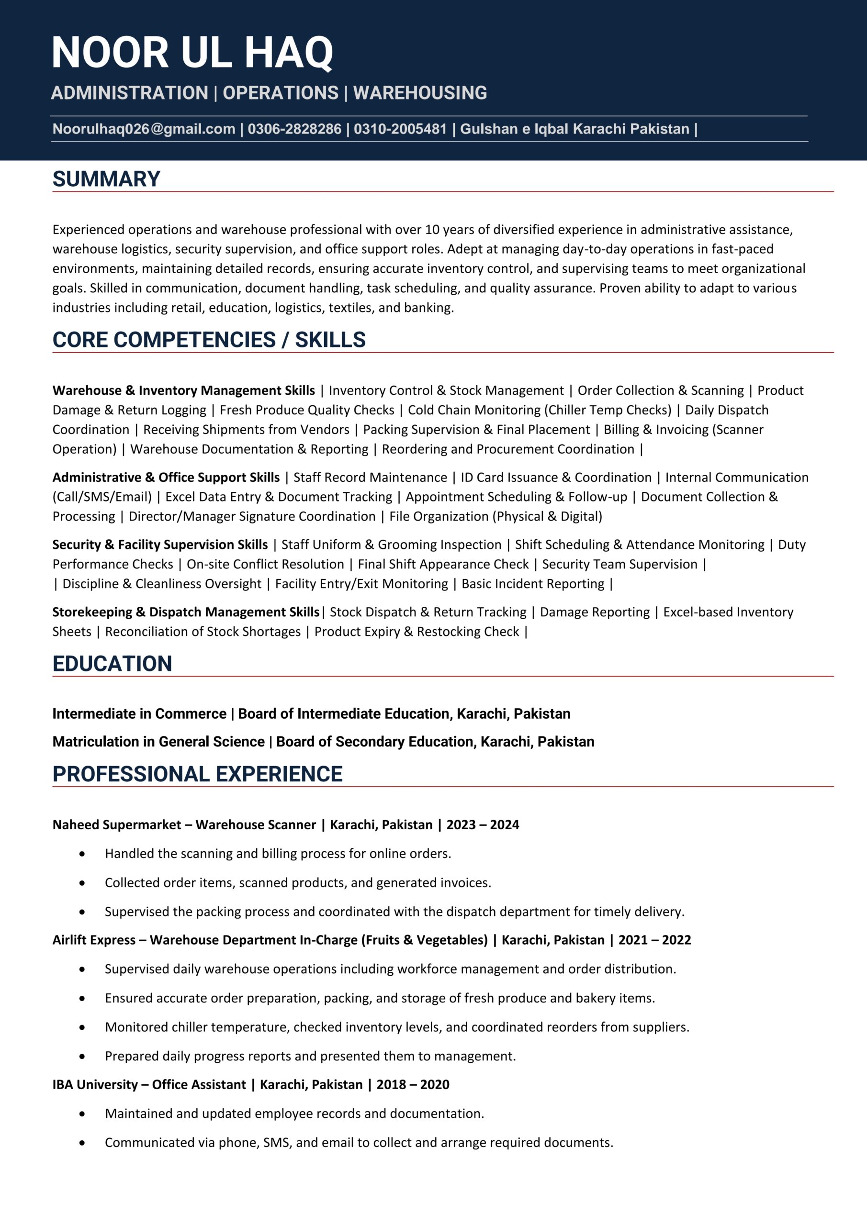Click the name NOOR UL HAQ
(192, 53)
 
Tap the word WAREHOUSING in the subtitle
(420, 93)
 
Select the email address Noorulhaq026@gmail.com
(144, 129)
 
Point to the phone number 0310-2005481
(400, 129)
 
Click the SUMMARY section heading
(106, 179)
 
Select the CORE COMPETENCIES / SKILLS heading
(209, 340)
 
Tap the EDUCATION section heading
(112, 664)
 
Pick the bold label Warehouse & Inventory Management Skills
(184, 390)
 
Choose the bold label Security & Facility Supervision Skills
(159, 545)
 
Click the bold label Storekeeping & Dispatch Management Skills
(185, 612)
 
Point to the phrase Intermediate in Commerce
(139, 714)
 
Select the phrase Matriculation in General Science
(158, 742)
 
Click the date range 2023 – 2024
(483, 825)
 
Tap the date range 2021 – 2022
(654, 940)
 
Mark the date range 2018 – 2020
(413, 1085)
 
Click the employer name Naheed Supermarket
(116, 825)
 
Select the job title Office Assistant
(199, 1085)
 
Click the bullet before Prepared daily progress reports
(82, 1056)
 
